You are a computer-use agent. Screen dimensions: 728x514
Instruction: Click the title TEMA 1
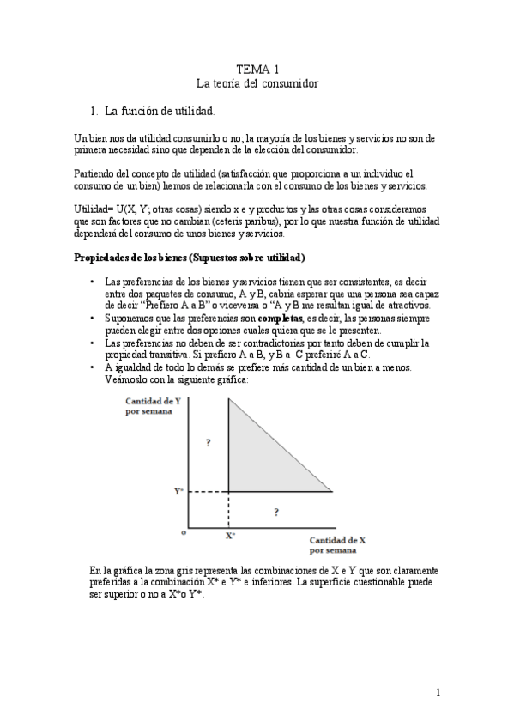[257, 68]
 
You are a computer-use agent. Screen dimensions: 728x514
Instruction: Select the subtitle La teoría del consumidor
[257, 83]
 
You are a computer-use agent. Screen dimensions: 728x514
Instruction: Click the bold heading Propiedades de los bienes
[189, 258]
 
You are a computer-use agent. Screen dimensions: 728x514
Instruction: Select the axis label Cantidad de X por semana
[338, 544]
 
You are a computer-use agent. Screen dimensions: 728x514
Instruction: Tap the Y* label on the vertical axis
[178, 492]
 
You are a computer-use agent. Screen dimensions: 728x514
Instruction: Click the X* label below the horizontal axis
[230, 535]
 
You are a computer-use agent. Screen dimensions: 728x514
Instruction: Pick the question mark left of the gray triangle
[208, 443]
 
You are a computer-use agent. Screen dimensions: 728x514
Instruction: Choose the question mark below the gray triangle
[275, 512]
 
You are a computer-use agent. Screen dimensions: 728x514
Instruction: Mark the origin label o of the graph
[183, 532]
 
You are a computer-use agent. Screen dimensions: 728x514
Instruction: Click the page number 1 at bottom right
[438, 692]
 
